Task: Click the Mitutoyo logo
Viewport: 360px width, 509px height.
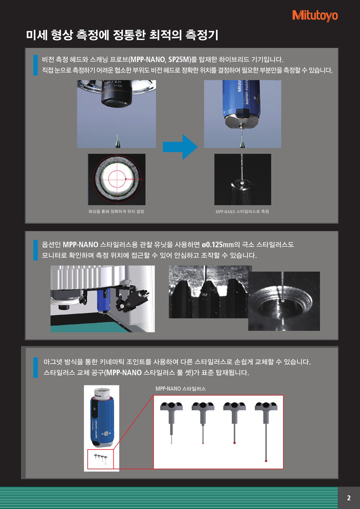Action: click(315, 16)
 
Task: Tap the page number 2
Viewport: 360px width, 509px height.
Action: click(349, 498)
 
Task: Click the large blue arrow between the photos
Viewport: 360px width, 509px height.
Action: click(180, 147)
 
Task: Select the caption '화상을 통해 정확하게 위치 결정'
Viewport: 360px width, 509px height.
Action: click(116, 212)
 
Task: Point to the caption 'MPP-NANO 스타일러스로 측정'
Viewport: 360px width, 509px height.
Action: click(242, 212)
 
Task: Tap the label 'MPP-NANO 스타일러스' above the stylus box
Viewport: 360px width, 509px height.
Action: click(181, 389)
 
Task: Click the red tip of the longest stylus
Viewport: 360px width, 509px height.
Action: click(266, 461)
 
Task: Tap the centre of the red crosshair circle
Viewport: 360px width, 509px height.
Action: click(117, 179)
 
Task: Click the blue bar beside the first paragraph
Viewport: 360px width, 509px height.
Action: click(36, 65)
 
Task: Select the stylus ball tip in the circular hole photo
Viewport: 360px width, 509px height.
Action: click(283, 301)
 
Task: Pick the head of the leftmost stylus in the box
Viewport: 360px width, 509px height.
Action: click(172, 406)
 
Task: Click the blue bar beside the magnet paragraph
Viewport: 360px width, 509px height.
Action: click(36, 368)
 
